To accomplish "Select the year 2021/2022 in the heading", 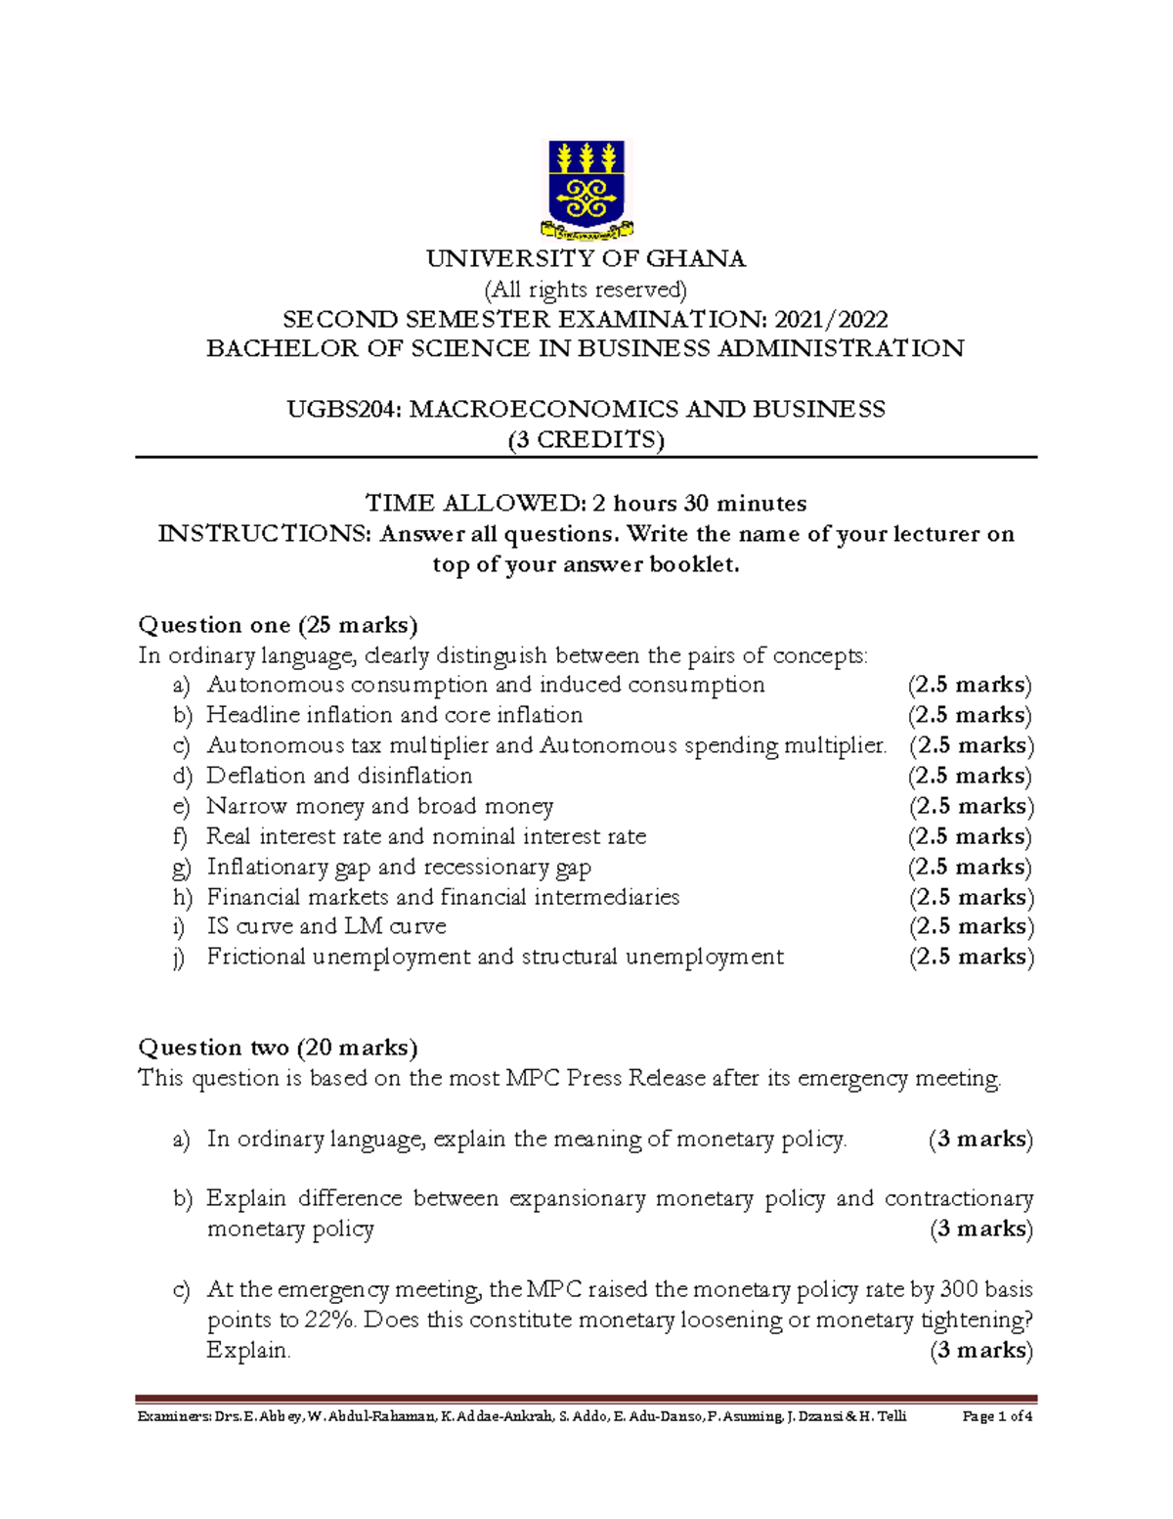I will coord(831,320).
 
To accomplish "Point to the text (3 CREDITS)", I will coord(586,440).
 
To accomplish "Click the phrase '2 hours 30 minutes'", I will coord(699,504).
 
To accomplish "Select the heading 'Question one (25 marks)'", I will coord(279,625).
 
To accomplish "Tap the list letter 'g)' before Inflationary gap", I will coord(183,868).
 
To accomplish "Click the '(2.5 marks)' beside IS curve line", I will coord(972,926).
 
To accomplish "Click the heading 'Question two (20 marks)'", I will coord(279,1048).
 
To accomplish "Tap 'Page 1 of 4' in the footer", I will coord(997,1416).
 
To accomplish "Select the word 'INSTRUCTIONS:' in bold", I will coord(266,534).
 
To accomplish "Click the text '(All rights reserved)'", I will coord(586,290).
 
